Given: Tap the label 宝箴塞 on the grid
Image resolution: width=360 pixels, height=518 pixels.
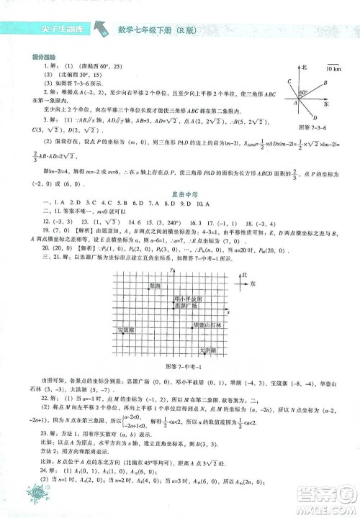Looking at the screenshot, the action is click(x=126, y=330).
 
